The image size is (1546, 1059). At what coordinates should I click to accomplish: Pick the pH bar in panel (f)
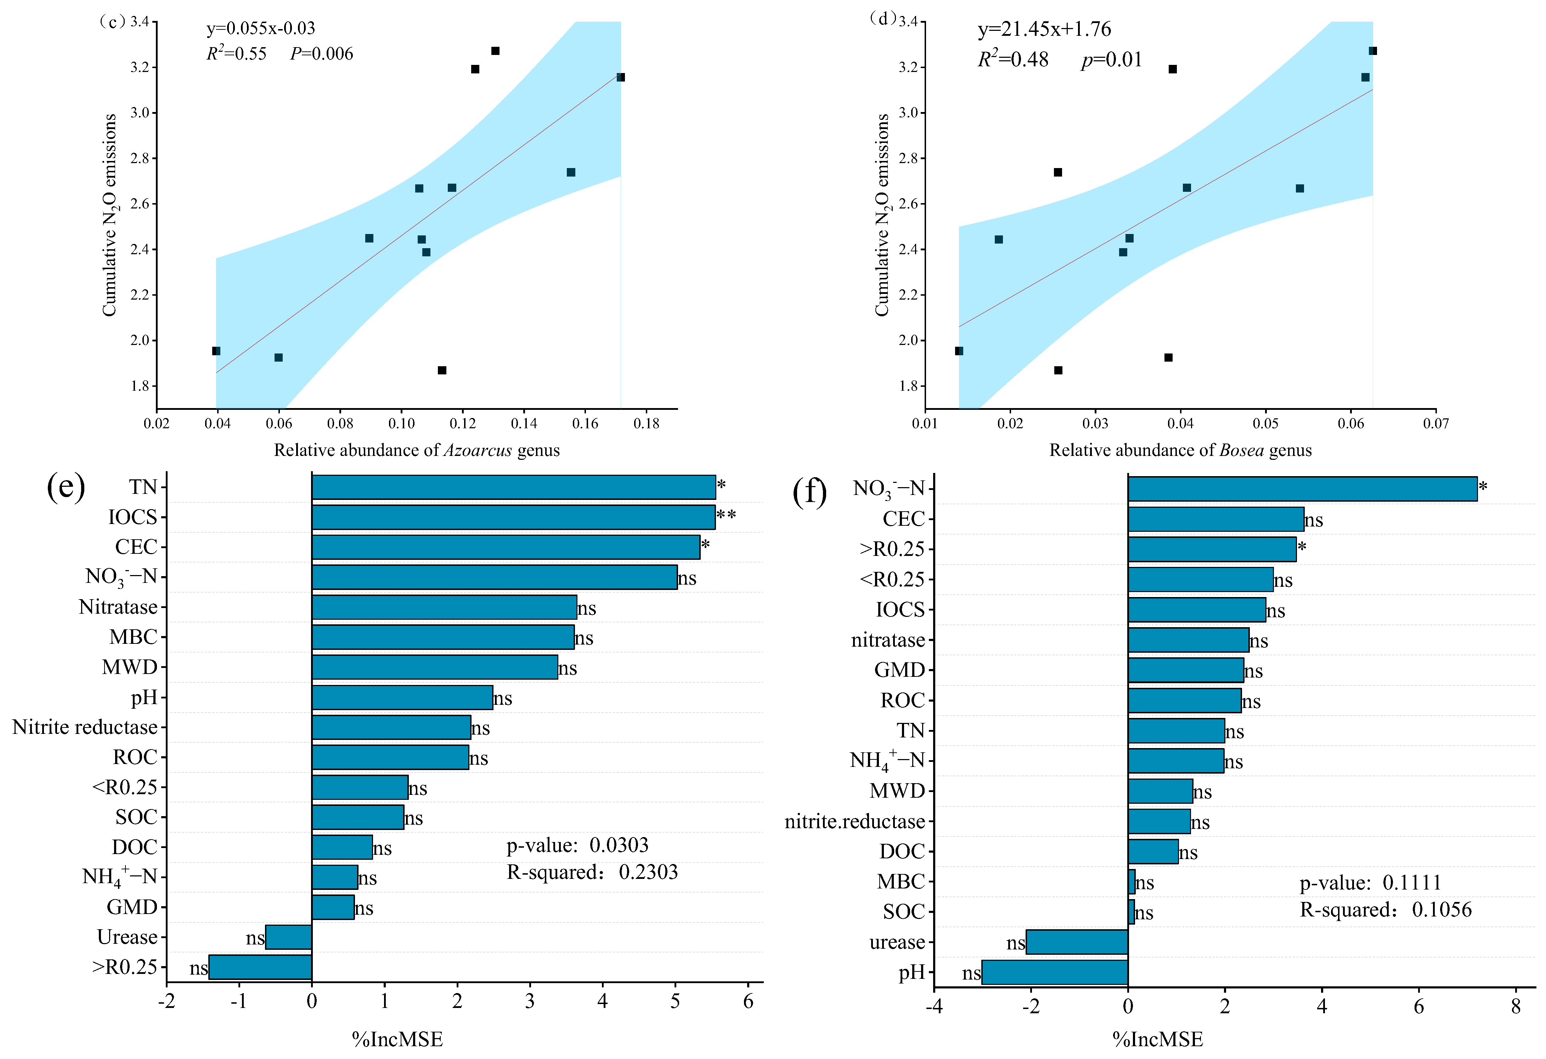tap(1054, 972)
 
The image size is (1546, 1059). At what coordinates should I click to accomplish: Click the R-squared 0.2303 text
tap(592, 872)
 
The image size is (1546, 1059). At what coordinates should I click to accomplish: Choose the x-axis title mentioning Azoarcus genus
tap(417, 451)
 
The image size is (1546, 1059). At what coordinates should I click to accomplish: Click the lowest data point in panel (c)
tap(442, 370)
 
